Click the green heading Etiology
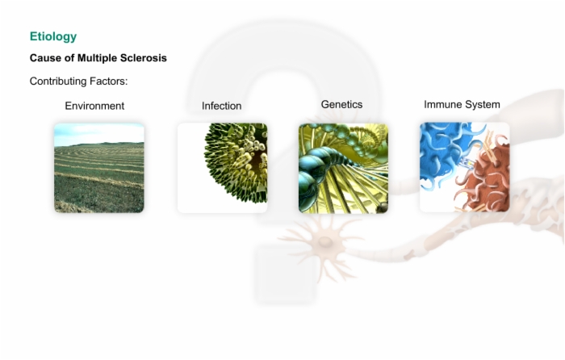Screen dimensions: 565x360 pos(53,37)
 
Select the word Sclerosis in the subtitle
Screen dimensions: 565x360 pos(143,58)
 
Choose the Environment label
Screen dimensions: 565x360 pos(94,106)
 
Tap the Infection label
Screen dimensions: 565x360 pos(222,106)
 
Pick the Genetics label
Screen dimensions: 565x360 pos(341,104)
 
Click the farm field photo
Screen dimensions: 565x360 pos(99,168)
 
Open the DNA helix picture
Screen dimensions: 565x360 pos(343,168)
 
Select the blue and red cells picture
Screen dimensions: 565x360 pos(464,167)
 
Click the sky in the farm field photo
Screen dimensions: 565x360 pos(99,132)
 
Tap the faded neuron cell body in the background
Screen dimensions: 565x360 pos(325,242)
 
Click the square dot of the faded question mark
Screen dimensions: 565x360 pos(287,274)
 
